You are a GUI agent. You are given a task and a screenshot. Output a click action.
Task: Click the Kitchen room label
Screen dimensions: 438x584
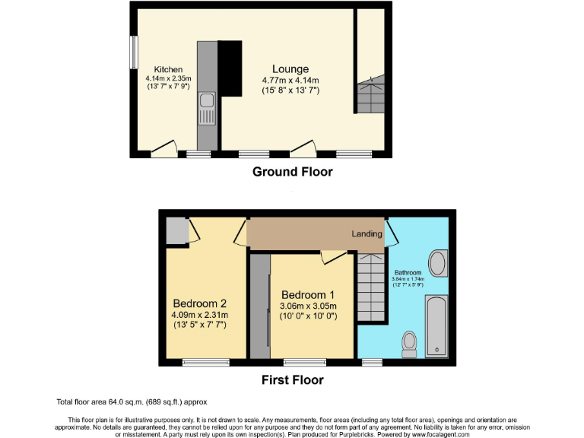[167, 69]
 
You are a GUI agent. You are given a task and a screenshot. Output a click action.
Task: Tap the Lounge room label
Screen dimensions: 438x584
[290, 69]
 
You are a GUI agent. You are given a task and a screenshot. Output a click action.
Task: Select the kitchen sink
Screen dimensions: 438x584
[205, 107]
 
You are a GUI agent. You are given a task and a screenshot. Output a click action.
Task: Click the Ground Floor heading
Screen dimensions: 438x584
[292, 172]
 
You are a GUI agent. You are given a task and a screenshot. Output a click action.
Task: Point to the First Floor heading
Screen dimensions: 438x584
[293, 379]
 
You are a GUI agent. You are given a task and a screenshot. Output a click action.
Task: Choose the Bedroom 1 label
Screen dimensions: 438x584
[308, 295]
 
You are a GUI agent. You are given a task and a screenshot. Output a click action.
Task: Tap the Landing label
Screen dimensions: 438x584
[367, 233]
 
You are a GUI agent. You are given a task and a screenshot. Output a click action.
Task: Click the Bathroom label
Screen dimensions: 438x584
[408, 272]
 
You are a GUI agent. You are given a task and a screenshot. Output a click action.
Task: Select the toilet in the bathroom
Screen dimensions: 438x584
[409, 343]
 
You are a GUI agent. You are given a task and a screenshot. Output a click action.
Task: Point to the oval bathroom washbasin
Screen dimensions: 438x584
[438, 264]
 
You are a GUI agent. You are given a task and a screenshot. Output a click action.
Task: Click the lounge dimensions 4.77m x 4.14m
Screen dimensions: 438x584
[290, 81]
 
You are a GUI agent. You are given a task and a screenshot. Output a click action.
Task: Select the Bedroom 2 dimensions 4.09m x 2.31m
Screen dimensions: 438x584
[200, 315]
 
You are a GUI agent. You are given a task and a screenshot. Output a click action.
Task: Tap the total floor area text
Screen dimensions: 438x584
[132, 401]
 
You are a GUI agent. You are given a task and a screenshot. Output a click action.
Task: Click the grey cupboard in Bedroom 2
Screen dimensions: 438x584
[176, 230]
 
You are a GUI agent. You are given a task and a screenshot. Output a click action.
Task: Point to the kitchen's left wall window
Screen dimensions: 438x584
[133, 53]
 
